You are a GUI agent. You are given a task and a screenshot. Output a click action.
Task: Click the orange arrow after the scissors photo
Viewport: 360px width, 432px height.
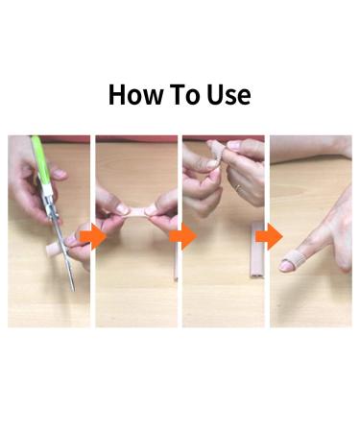(x=91, y=236)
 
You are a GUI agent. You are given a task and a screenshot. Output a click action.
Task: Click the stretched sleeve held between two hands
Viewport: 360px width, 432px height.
(x=135, y=207)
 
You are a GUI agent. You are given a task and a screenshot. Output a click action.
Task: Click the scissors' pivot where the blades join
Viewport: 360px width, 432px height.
(x=55, y=227)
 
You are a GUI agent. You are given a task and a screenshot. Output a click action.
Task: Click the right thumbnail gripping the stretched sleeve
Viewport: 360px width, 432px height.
(x=154, y=205)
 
